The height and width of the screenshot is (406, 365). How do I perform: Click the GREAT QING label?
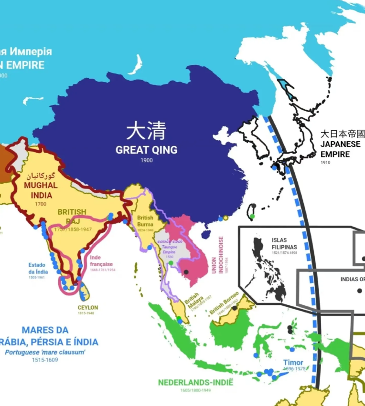click(146, 150)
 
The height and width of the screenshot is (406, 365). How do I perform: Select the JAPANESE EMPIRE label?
click(340, 149)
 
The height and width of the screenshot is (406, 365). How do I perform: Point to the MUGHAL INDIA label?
click(42, 190)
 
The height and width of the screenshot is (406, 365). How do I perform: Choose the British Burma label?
click(145, 221)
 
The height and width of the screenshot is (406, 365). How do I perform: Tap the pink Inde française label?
click(101, 260)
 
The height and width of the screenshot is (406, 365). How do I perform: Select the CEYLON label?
click(88, 308)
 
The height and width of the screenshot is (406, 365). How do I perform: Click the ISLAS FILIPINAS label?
click(284, 243)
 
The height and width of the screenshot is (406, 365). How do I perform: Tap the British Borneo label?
click(224, 304)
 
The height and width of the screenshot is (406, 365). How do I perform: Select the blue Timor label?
click(293, 363)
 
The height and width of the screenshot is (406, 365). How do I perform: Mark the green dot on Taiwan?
click(252, 216)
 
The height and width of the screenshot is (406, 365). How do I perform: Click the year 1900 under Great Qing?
click(146, 160)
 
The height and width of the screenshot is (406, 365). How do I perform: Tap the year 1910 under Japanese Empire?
click(325, 163)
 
